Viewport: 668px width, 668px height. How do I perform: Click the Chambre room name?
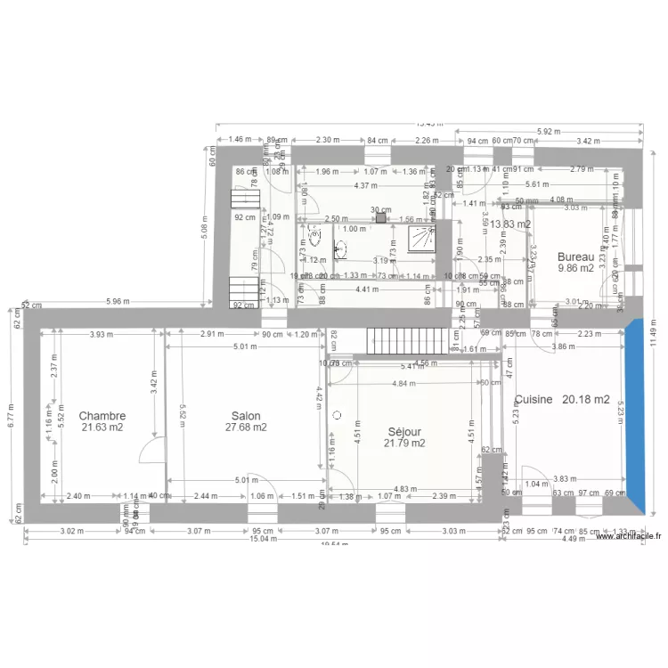pyautogui.click(x=102, y=416)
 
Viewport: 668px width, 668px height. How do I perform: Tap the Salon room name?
pyautogui.click(x=246, y=416)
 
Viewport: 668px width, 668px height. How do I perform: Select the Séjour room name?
pyautogui.click(x=404, y=431)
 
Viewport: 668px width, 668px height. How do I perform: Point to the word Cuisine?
pyautogui.click(x=534, y=401)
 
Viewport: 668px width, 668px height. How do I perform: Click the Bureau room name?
pyautogui.click(x=575, y=257)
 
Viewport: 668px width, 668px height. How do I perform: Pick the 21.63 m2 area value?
pyautogui.click(x=102, y=428)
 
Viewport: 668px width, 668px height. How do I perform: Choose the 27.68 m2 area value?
pyautogui.click(x=246, y=428)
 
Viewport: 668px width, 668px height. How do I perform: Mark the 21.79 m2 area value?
pyautogui.click(x=404, y=443)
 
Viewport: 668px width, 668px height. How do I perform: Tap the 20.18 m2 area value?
pyautogui.click(x=586, y=401)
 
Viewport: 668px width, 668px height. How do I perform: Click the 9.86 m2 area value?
pyautogui.click(x=575, y=268)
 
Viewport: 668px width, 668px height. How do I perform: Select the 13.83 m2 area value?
pyautogui.click(x=510, y=225)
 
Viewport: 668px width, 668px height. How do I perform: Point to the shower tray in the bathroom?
pyautogui.click(x=421, y=239)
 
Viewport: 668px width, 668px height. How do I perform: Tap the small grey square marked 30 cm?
pyautogui.click(x=380, y=216)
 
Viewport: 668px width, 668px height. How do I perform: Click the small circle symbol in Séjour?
pyautogui.click(x=337, y=415)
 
